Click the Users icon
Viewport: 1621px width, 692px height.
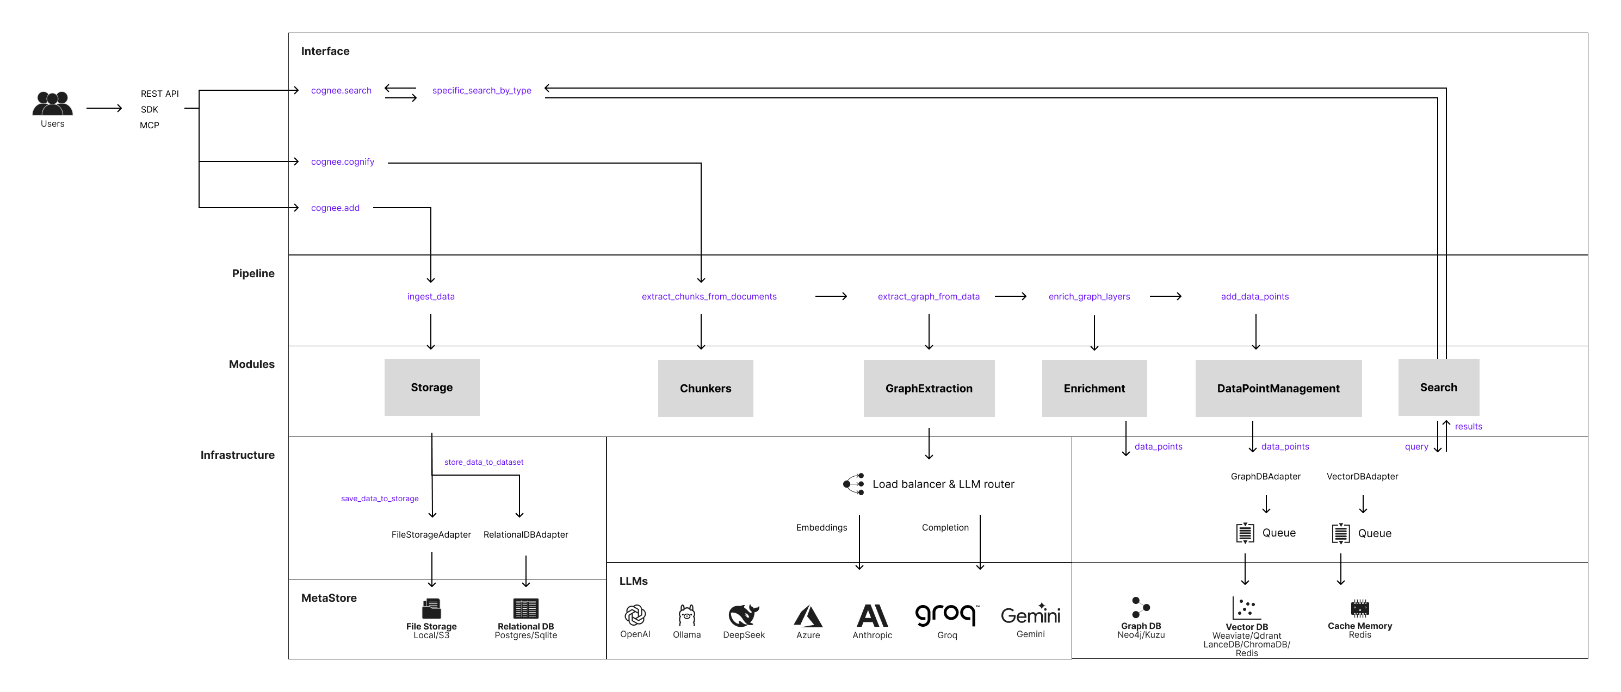click(52, 103)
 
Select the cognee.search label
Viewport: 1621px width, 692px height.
click(341, 91)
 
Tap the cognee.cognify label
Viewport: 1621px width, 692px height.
click(342, 161)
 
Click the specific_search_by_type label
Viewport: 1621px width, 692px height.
click(481, 91)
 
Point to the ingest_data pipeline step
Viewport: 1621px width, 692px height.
click(430, 296)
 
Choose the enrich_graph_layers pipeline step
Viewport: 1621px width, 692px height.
click(1088, 296)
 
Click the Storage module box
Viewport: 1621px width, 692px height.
click(432, 387)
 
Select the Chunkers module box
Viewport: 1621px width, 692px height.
click(706, 388)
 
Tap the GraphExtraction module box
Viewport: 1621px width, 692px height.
click(929, 388)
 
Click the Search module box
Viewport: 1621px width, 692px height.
click(1439, 387)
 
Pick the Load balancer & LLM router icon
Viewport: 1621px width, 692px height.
click(854, 484)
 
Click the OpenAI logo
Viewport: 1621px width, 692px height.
click(635, 615)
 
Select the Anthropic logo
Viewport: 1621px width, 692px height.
click(872, 615)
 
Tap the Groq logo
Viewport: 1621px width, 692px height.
click(946, 615)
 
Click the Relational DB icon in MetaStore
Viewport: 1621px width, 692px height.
click(525, 608)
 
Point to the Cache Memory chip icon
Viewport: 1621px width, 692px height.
click(1359, 608)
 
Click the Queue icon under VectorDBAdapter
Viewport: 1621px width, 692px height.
click(1340, 533)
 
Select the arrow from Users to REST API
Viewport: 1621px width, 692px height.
click(104, 108)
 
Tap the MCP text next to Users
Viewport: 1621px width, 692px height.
click(149, 125)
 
